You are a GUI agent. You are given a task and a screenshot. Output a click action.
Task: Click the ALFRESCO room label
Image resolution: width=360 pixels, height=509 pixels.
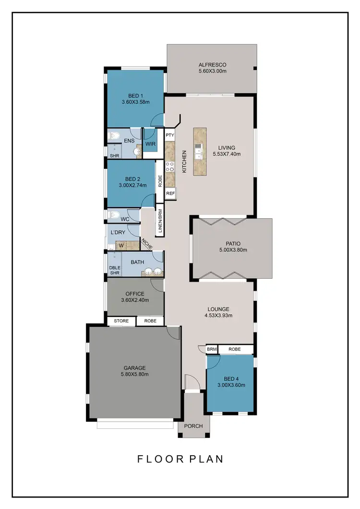tap(212, 65)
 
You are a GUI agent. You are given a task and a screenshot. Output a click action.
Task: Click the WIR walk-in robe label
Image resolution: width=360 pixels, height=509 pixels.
tap(150, 143)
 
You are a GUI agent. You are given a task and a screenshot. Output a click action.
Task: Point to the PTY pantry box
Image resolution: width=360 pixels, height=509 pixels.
tap(169, 136)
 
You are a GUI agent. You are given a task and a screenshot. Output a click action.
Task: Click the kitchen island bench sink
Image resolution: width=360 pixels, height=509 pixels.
tap(199, 153)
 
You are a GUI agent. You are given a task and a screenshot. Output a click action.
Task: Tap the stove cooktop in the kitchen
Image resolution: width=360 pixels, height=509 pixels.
tap(169, 167)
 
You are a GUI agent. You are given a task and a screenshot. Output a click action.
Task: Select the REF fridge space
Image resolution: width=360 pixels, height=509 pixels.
tap(170, 193)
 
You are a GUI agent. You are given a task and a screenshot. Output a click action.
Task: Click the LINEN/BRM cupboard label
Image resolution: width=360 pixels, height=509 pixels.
tap(160, 221)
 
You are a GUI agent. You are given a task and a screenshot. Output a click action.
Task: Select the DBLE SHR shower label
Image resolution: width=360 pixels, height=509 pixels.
tap(114, 270)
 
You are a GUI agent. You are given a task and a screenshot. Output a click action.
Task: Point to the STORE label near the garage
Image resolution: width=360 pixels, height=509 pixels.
tap(121, 321)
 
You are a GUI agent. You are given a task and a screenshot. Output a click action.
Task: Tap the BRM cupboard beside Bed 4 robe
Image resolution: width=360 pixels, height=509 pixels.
tap(212, 350)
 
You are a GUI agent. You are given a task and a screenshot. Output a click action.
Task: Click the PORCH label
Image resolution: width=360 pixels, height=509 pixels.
tap(193, 426)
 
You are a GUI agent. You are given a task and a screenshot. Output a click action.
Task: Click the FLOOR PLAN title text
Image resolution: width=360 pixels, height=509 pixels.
tap(180, 459)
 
